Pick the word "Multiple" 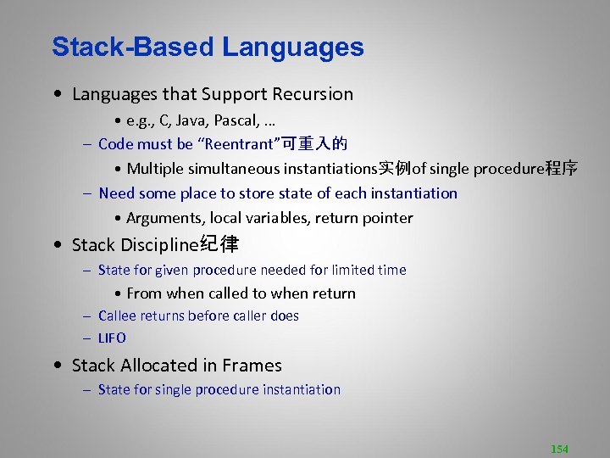pos(155,169)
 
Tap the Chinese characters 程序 pos(562,169)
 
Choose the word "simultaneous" pos(240,169)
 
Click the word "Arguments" pos(164,218)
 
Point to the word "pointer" pos(388,218)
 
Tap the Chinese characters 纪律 pos(218,245)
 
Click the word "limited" pos(345,270)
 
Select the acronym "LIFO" pos(112,338)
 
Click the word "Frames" pos(252,366)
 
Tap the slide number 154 pos(559,449)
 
